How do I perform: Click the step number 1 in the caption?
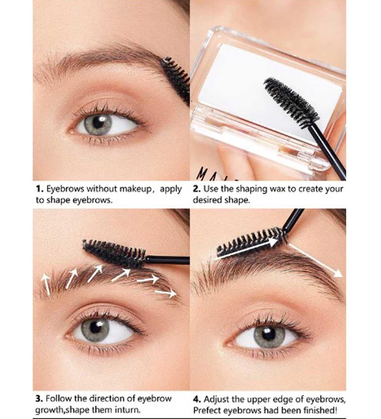pos(39,189)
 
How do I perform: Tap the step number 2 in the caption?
pos(197,189)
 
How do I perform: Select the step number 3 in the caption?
pos(39,399)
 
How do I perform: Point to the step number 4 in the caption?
pos(197,399)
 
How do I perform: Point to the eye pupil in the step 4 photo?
pos(268,334)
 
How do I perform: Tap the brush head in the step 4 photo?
pos(251,241)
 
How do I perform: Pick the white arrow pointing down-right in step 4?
pos(316,261)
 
